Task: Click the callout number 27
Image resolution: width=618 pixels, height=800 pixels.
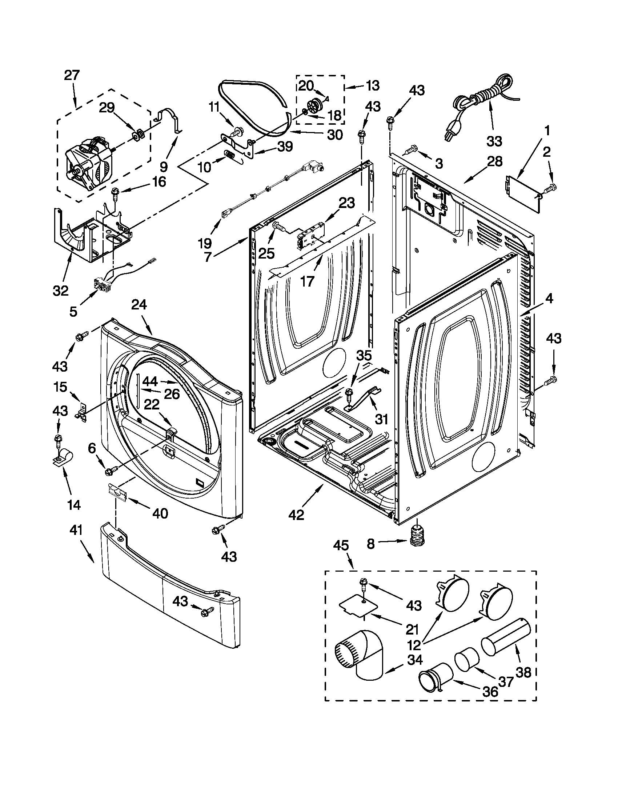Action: (71, 76)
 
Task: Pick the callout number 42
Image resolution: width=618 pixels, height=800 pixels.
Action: (296, 514)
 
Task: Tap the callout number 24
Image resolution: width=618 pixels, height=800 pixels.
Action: (139, 305)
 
